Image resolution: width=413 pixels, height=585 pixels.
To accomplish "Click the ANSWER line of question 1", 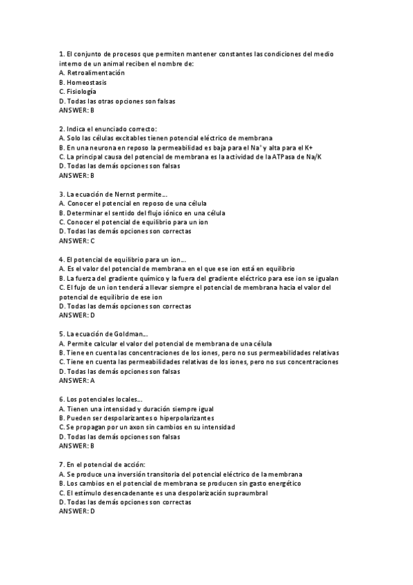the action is pos(77,110).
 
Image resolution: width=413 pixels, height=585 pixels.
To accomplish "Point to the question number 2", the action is pos(62,129).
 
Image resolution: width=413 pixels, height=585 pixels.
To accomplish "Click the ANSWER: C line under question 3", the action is pos(77,241).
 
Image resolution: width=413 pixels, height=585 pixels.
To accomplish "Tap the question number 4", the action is pos(62,259).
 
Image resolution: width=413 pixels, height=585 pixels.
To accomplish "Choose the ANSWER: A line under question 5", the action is pos(77,380).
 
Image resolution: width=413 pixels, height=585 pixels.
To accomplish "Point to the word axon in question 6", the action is pos(138,427).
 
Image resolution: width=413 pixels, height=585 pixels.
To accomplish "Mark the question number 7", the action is pos(62,464).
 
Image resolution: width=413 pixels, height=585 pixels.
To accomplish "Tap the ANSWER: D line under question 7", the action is pos(77,511).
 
